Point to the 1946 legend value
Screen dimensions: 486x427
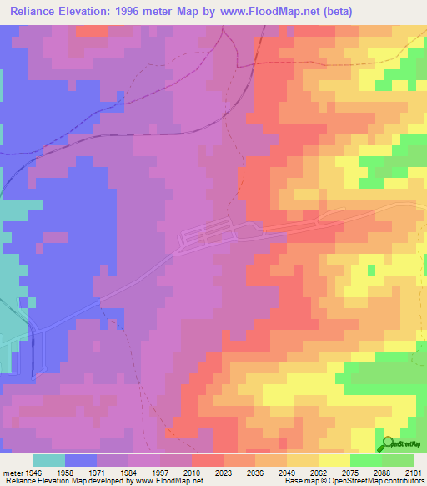(34, 473)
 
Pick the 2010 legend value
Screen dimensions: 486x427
(193, 473)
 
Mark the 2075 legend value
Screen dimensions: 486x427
(350, 473)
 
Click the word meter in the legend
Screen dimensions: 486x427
(12, 473)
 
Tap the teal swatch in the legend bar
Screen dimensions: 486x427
(49, 460)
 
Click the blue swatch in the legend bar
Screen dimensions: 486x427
(81, 460)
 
